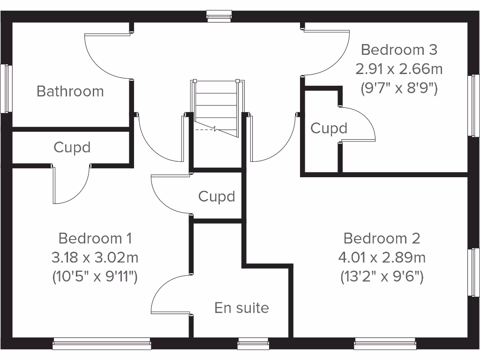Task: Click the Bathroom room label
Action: click(x=70, y=91)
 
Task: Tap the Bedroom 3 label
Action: click(x=399, y=49)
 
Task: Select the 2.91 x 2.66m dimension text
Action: click(x=399, y=69)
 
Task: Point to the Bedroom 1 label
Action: click(x=95, y=238)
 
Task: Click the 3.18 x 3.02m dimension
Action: click(x=95, y=257)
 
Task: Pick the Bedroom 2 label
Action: click(x=382, y=238)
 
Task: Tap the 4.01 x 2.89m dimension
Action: click(x=382, y=257)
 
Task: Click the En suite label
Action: click(x=241, y=308)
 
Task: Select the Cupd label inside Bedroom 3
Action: click(x=329, y=128)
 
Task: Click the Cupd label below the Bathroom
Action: click(x=72, y=147)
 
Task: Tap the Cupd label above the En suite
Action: click(x=217, y=196)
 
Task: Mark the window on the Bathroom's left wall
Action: click(x=6, y=89)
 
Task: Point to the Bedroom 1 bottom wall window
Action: click(x=102, y=345)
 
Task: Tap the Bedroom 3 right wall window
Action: click(x=474, y=105)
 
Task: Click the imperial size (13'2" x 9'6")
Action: click(x=382, y=277)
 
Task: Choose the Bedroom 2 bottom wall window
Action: click(x=385, y=345)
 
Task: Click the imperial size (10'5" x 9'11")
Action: click(x=95, y=277)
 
